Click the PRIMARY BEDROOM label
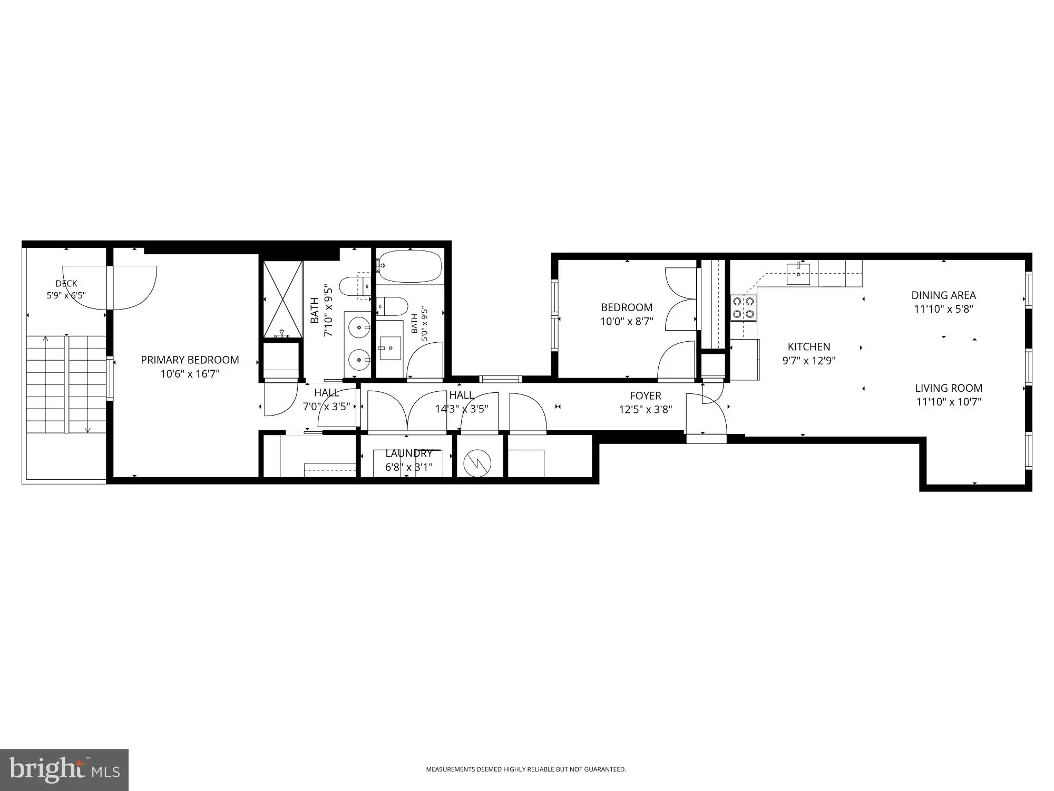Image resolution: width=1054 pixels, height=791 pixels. (190, 360)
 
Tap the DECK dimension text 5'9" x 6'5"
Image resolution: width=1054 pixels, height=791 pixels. (66, 295)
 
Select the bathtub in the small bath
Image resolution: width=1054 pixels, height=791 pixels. (409, 267)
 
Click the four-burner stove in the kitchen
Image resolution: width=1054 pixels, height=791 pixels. (743, 308)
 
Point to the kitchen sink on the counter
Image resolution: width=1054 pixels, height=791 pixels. (798, 273)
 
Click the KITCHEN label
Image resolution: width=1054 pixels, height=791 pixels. (809, 346)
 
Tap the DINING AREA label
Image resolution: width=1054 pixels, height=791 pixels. (943, 295)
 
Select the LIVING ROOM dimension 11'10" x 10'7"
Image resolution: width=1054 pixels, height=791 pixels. (949, 402)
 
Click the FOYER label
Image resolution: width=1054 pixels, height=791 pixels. (646, 395)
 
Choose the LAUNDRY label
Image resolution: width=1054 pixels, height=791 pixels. (409, 453)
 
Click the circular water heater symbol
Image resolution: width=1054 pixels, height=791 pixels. (477, 464)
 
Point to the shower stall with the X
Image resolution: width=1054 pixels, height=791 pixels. (283, 299)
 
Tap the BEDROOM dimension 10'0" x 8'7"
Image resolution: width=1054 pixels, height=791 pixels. (627, 321)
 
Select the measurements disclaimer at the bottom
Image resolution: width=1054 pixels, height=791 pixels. (526, 769)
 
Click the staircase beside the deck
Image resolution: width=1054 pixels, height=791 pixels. (66, 384)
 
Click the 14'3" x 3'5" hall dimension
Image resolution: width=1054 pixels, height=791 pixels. (462, 409)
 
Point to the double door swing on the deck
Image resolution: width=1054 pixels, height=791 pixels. (110, 287)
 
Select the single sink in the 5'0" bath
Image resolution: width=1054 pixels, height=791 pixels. (391, 348)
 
